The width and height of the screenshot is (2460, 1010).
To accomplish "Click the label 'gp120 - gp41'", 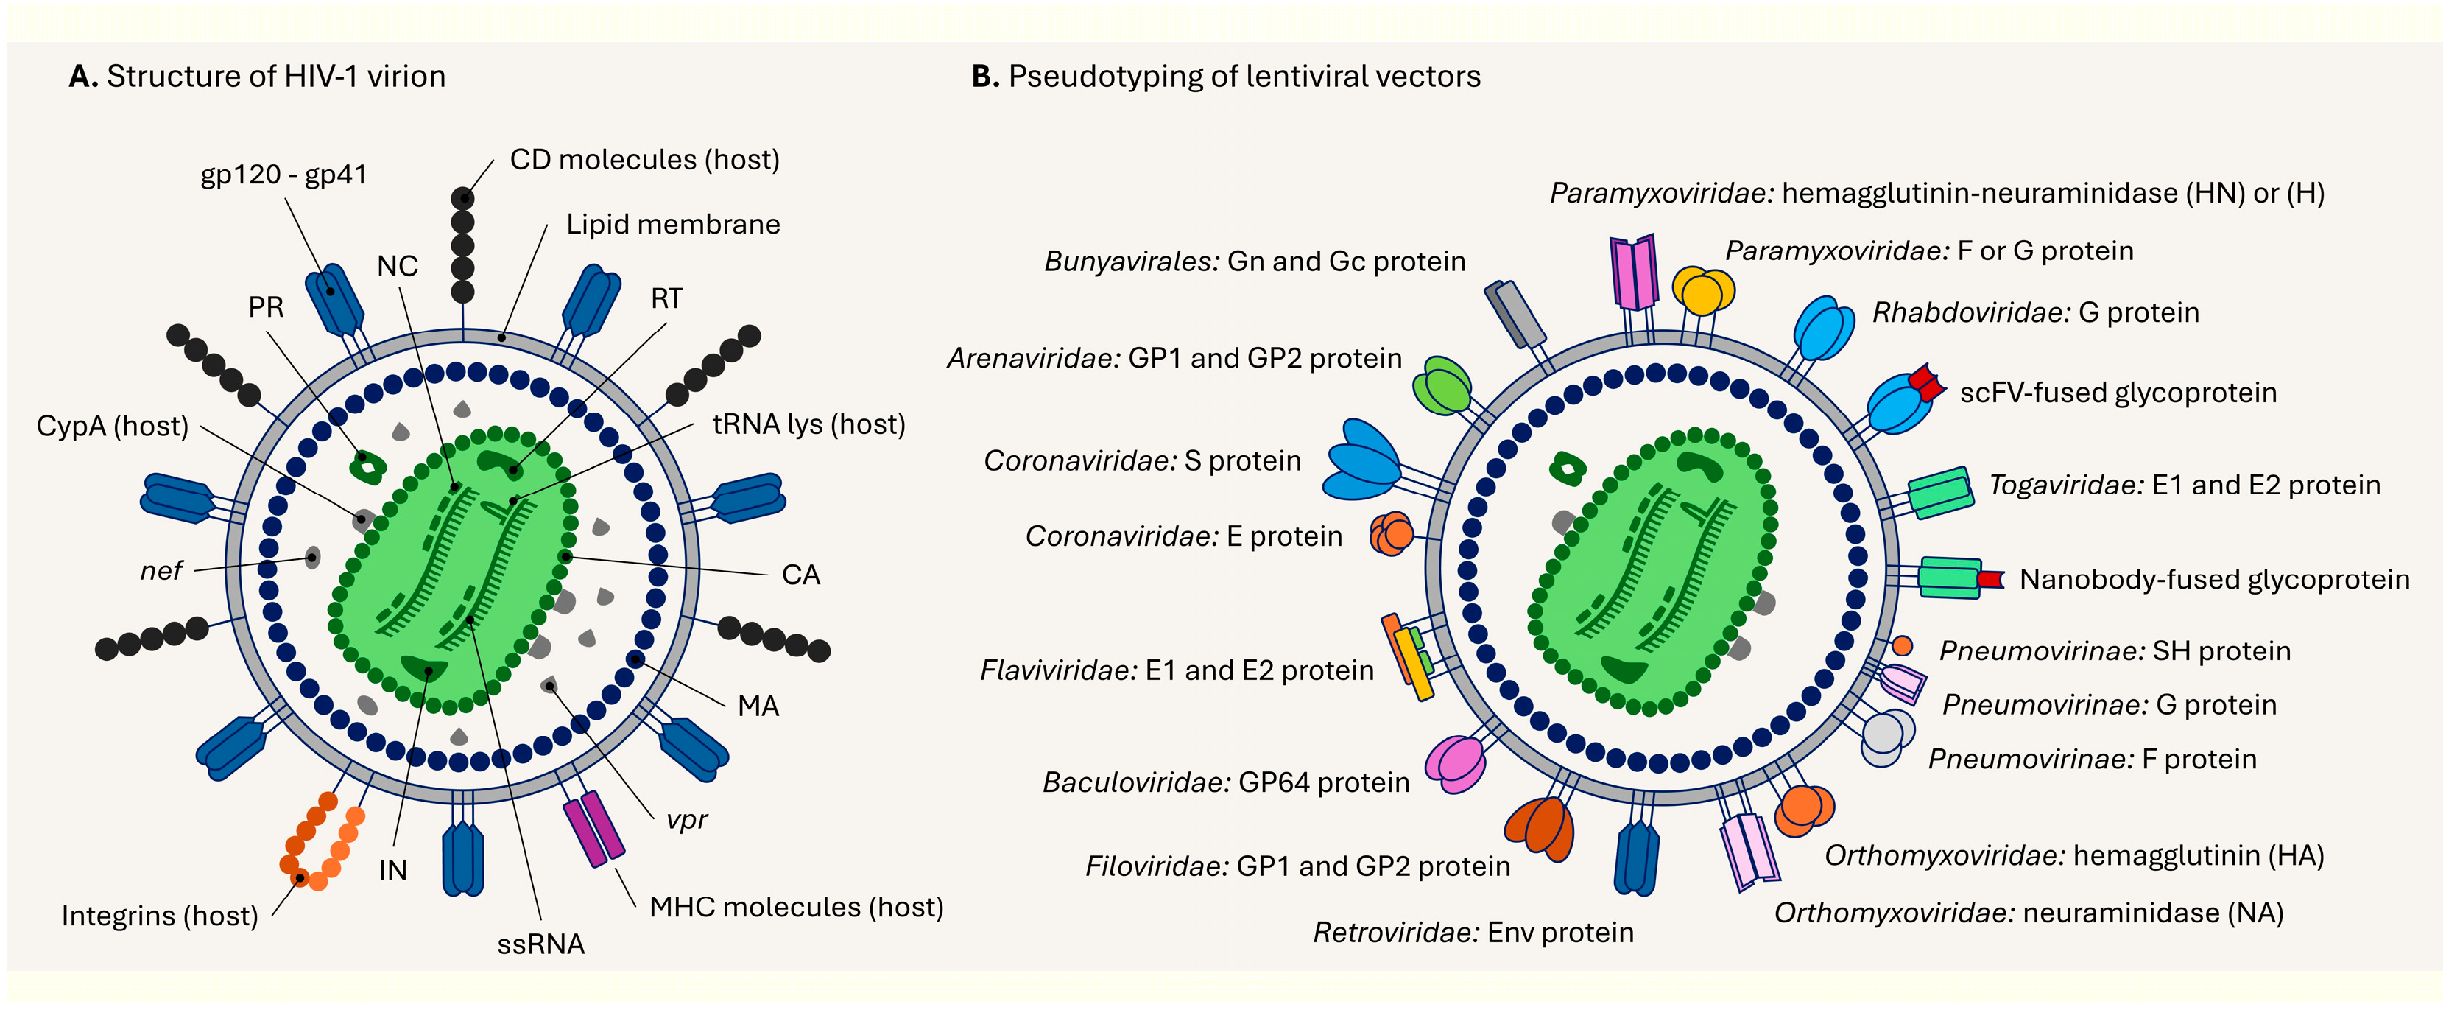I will [x=283, y=175].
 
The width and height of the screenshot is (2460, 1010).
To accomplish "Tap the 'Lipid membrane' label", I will [x=672, y=225].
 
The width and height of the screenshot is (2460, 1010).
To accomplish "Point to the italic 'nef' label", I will [x=161, y=572].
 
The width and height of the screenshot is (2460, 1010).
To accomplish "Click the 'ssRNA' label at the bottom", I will [x=540, y=944].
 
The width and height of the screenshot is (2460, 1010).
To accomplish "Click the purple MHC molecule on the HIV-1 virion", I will [x=593, y=827].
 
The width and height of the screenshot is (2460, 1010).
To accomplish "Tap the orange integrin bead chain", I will [x=321, y=841].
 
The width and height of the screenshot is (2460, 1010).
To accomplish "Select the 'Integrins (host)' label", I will [x=160, y=916].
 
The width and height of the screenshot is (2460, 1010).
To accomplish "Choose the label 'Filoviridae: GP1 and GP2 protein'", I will [x=1297, y=866].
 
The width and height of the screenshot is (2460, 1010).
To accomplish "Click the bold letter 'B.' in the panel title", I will [x=984, y=77].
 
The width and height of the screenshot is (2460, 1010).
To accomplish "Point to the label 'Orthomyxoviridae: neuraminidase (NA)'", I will [x=2029, y=913].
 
